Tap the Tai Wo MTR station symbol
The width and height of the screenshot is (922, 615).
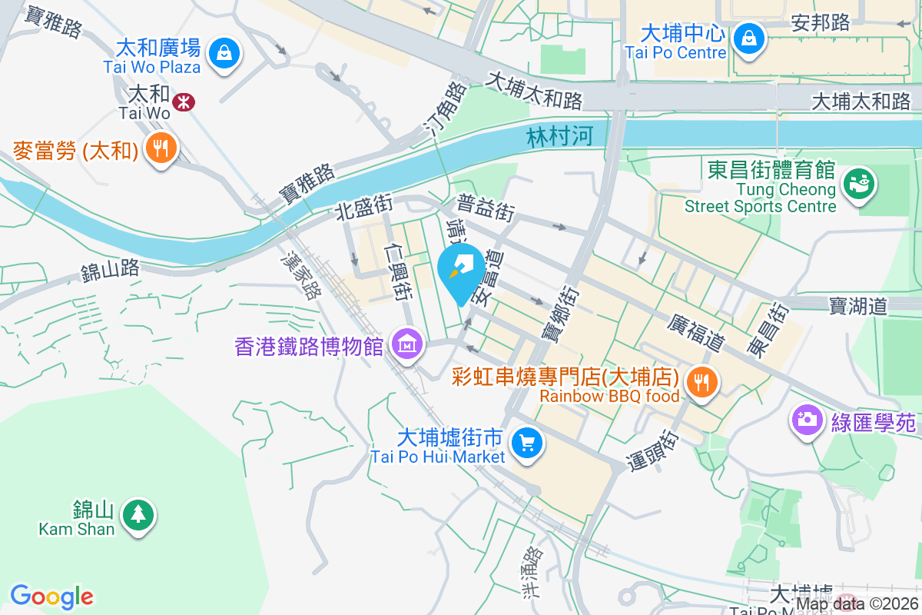click(183, 101)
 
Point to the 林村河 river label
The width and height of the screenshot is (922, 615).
click(560, 137)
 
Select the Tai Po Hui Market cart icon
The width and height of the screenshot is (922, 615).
click(527, 443)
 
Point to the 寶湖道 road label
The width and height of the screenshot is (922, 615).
click(858, 306)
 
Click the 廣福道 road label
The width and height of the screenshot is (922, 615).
click(697, 332)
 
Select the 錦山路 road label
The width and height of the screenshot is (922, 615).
click(109, 269)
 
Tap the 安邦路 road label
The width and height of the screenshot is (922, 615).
click(821, 23)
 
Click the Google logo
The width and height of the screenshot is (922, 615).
click(51, 597)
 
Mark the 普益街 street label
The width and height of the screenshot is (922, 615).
click(486, 208)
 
